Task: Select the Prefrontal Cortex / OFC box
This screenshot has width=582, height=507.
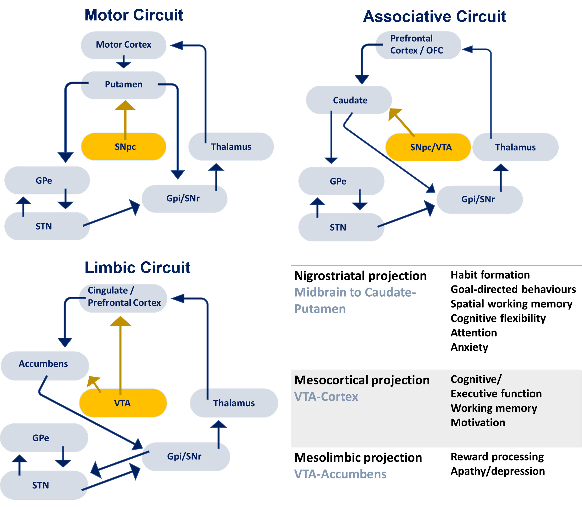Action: pyautogui.click(x=418, y=45)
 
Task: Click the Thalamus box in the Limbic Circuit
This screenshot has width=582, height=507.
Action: pyautogui.click(x=234, y=403)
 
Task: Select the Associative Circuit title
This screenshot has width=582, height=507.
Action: pyautogui.click(x=434, y=17)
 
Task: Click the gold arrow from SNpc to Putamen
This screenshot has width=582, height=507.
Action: pyautogui.click(x=125, y=120)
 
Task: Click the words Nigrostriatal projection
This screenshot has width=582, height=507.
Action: pyautogui.click(x=360, y=276)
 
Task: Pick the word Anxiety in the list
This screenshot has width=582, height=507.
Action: pyautogui.click(x=469, y=347)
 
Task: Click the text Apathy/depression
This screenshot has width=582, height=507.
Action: pyautogui.click(x=498, y=471)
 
